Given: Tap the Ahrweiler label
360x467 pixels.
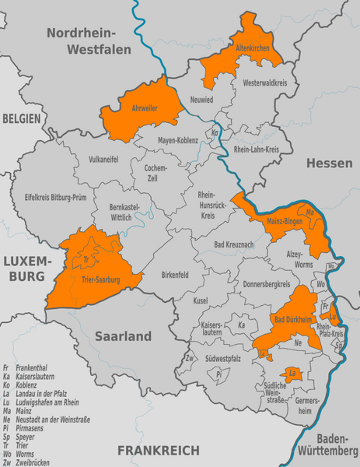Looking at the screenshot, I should click(143, 108).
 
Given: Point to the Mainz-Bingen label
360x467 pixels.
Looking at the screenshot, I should click(285, 221).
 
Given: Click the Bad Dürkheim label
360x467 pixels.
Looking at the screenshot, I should click(292, 320).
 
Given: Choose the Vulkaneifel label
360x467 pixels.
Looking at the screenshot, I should click(104, 158).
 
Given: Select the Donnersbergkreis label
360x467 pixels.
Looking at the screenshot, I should click(264, 284).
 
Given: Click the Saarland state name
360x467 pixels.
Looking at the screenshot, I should click(123, 336).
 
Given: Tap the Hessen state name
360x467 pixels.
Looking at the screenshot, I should click(329, 163).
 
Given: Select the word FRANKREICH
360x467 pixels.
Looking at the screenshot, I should click(158, 450).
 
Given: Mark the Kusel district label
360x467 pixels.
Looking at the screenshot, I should click(201, 300).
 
